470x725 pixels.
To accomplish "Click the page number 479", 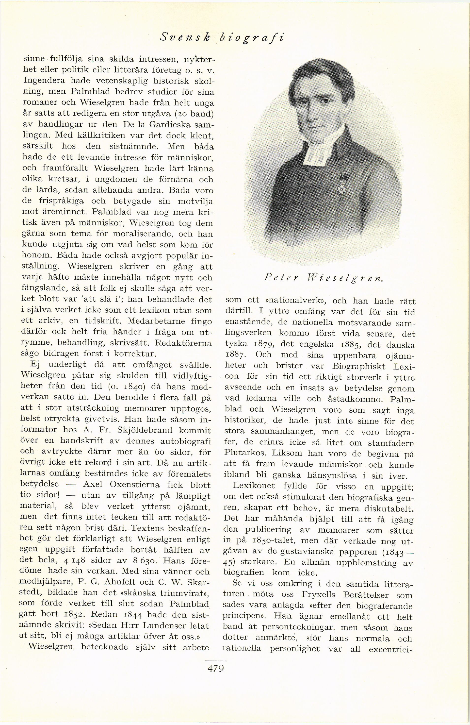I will click(x=215, y=669).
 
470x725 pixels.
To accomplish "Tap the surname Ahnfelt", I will click(x=117, y=582).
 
